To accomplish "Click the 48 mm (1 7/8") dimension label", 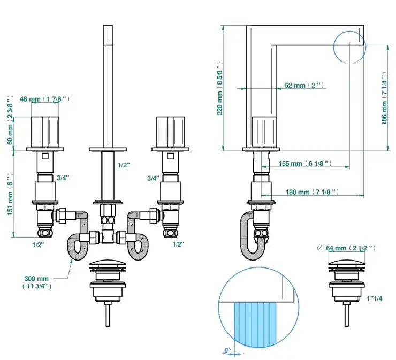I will point(45,99).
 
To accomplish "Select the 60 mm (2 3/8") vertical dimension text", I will point(9,123).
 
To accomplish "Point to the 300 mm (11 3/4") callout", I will point(36,282).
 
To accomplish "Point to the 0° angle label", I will point(227,350).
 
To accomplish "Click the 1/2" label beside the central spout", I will point(124,165).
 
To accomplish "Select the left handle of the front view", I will point(45,131).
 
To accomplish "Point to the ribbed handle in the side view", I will point(263,131).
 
